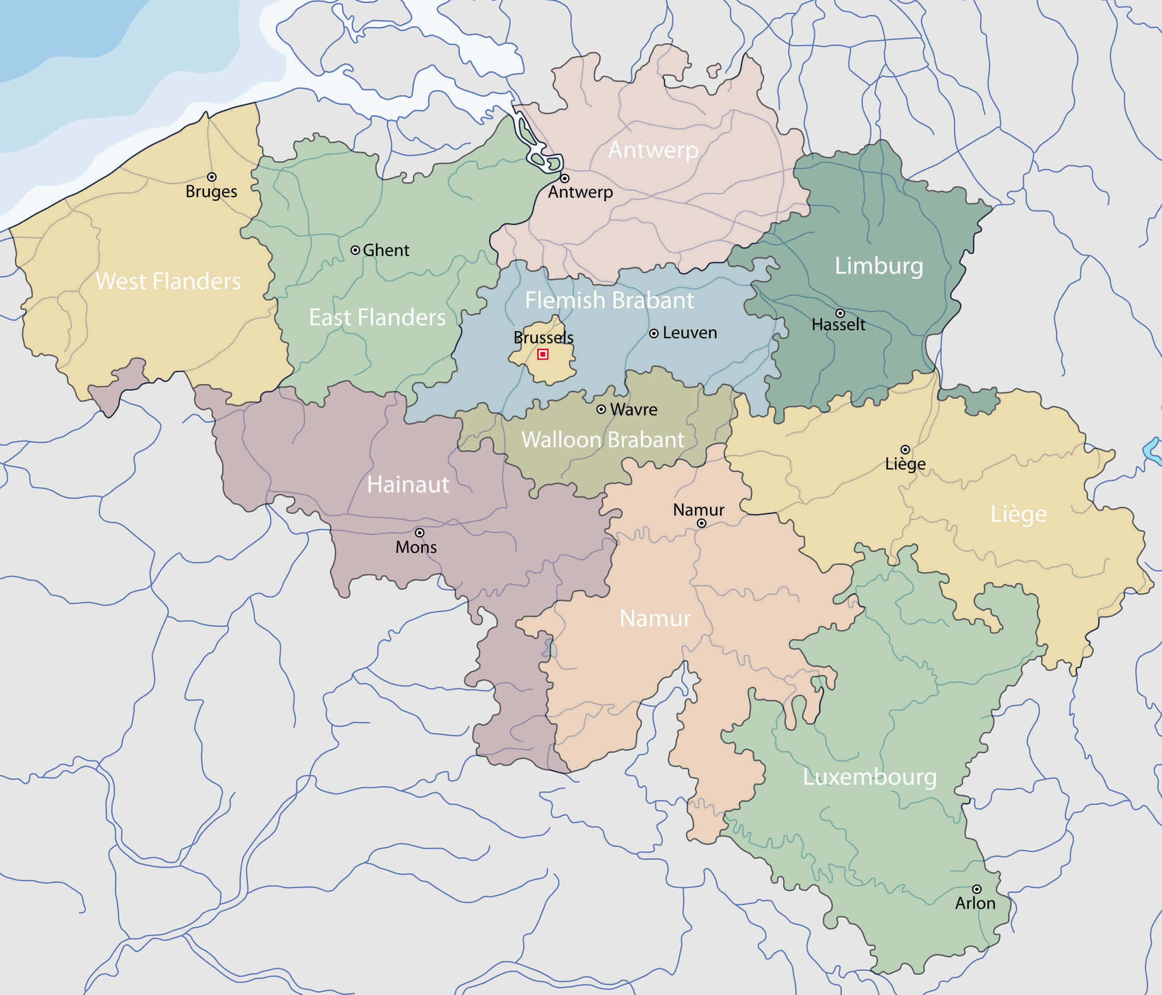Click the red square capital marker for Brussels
[542, 354]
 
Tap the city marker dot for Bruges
[211, 177]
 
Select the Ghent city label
[386, 250]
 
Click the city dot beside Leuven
[653, 334]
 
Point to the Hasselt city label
[838, 325]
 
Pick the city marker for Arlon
[977, 889]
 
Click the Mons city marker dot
[419, 532]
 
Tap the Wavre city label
[634, 410]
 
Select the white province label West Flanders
[168, 281]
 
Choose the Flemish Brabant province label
[609, 300]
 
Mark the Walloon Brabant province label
[603, 440]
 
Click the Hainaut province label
[408, 485]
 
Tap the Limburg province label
[879, 266]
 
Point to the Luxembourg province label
[870, 777]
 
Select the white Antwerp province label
[653, 150]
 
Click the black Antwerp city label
[580, 192]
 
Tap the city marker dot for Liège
[905, 450]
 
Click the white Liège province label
[1018, 514]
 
